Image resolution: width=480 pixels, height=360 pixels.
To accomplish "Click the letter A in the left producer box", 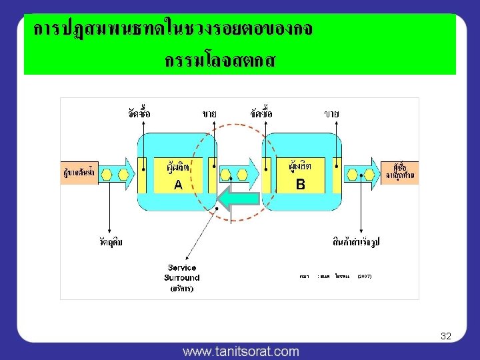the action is coord(177,185).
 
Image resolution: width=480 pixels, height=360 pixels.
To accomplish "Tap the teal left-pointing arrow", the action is coord(238,201).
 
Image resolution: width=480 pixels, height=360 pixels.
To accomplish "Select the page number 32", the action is coord(446,337).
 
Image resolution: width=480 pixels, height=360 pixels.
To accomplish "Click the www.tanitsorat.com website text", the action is coord(241,351).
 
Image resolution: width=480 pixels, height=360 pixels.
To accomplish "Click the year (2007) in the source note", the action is coord(365,275).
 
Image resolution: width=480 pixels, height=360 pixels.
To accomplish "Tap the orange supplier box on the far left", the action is coord(77,173).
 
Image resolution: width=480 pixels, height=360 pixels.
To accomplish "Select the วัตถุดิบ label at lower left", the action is coord(110,241).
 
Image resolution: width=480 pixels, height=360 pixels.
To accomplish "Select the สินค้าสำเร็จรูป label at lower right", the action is coord(361,241).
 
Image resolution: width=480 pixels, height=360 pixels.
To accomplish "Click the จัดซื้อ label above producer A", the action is coord(139,113).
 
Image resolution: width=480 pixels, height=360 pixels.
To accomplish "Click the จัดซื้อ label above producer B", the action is coord(262,113).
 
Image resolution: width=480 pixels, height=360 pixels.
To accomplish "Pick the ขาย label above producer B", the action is coord(331,114).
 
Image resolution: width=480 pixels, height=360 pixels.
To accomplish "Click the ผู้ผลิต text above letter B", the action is coord(299,164).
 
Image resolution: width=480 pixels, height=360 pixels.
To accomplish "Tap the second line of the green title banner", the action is coord(220,61).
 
